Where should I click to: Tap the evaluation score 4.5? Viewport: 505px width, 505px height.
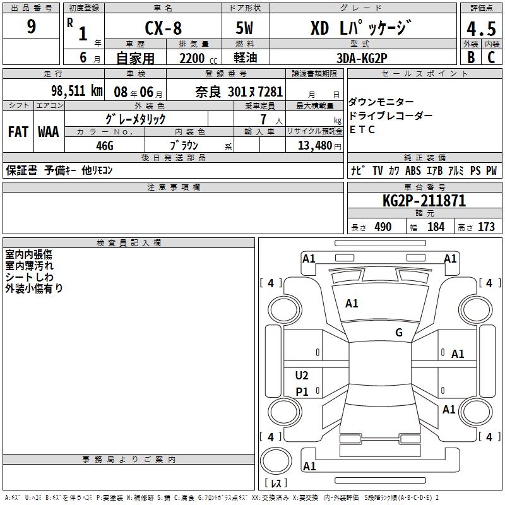(480, 28)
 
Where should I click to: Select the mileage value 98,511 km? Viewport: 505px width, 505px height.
(75, 91)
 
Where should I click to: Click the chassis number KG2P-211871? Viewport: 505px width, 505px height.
(424, 201)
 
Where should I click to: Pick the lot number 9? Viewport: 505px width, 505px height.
(31, 27)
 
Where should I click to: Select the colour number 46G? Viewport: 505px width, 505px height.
(104, 145)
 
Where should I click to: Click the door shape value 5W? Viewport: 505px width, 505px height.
(246, 28)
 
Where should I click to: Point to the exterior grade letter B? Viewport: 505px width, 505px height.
(470, 57)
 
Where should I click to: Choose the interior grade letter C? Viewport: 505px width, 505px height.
(490, 57)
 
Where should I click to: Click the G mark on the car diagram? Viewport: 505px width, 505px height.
(399, 333)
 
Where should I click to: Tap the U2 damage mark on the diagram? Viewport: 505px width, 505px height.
(302, 376)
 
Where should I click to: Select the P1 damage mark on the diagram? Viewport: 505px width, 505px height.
(302, 391)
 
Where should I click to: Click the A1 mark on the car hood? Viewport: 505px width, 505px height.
(352, 304)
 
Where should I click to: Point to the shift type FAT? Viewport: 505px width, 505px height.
(18, 131)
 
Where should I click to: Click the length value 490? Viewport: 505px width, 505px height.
(383, 227)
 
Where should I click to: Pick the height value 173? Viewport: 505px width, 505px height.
(485, 227)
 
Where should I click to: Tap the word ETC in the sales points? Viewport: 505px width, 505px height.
(362, 130)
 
